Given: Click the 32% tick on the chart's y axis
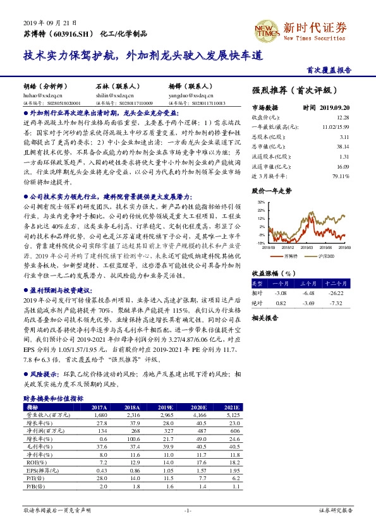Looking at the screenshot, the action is [x=260, y=202].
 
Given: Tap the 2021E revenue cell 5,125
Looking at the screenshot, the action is [x=231, y=415].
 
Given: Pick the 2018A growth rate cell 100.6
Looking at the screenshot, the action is [x=133, y=438].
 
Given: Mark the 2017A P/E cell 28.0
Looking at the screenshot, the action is [x=99, y=478].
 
